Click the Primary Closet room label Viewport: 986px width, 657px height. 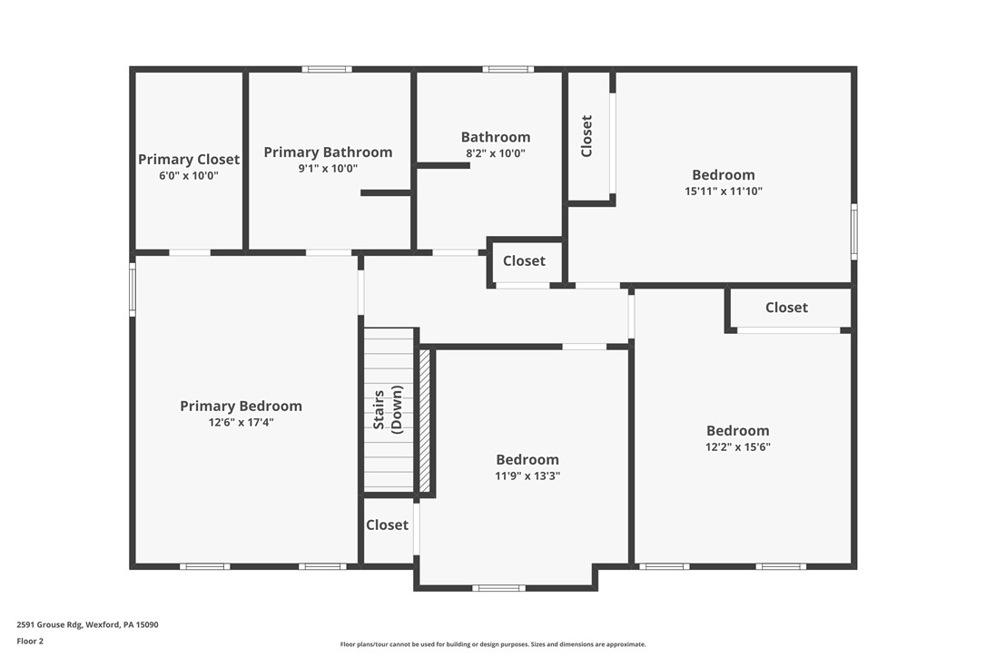(189, 159)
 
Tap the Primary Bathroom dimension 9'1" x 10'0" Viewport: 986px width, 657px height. (328, 169)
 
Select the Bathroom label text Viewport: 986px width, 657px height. (496, 137)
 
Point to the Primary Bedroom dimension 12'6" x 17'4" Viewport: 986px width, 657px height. (241, 422)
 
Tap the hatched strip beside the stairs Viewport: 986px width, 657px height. (424, 420)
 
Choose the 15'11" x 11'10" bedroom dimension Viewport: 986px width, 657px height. (723, 191)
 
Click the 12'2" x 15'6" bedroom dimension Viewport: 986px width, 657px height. (737, 447)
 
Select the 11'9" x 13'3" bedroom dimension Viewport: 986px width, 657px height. (527, 476)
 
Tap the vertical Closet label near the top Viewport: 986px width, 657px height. (587, 135)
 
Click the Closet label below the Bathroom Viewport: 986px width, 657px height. (524, 260)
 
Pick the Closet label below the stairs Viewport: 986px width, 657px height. (387, 525)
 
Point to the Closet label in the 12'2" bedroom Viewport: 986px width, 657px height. (786, 308)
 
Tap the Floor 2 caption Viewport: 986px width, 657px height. (30, 641)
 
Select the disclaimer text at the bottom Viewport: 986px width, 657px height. (493, 644)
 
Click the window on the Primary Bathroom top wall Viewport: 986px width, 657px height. (327, 69)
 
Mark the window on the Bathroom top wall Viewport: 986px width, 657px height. (508, 69)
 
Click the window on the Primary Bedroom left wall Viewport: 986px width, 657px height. (133, 289)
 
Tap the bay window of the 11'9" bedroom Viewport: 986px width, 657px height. (498, 588)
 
